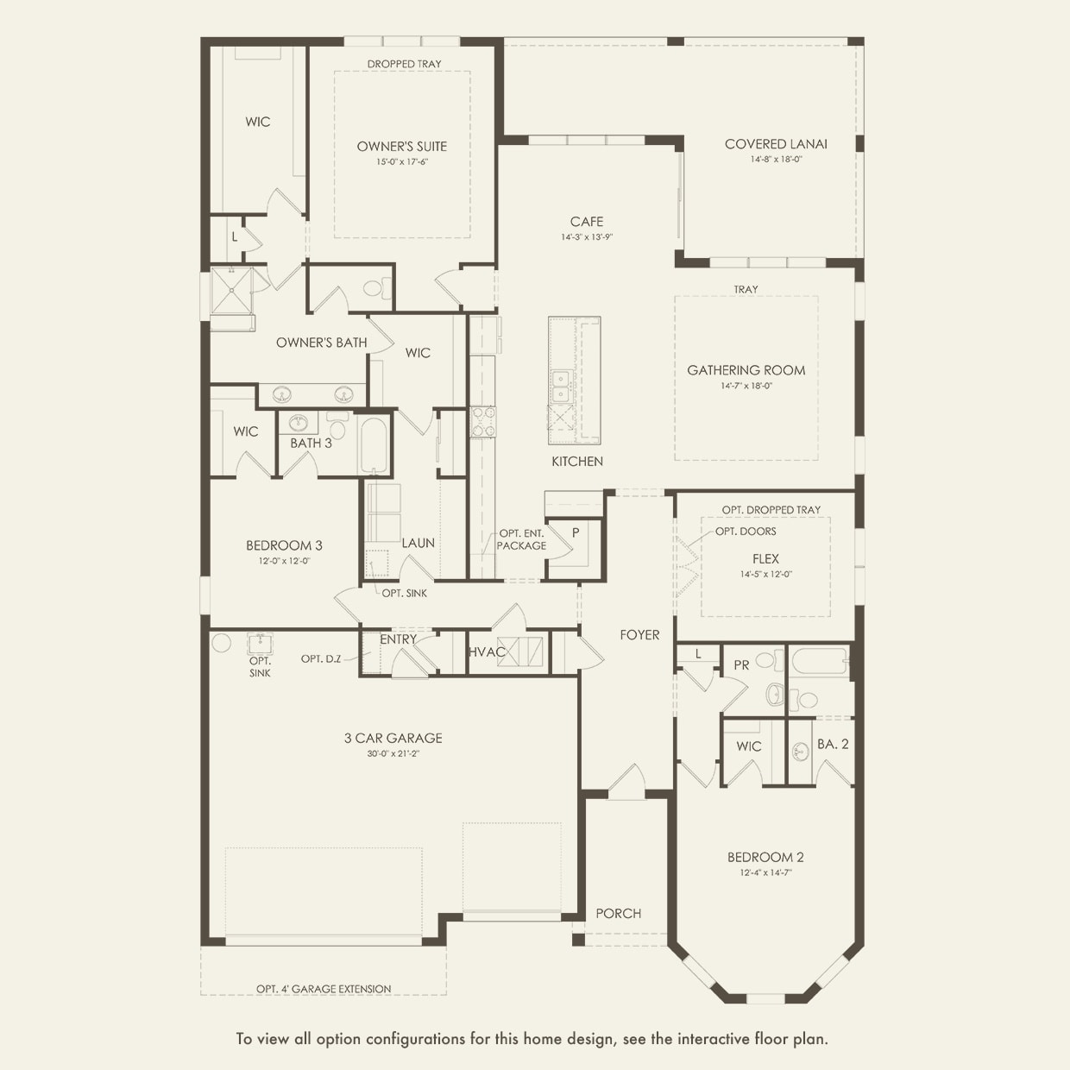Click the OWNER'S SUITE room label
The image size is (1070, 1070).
point(402,147)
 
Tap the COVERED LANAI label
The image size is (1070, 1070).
point(776,144)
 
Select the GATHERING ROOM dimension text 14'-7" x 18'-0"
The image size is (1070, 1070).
point(746,387)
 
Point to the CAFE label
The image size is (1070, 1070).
point(587,222)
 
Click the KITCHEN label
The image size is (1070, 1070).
point(577,462)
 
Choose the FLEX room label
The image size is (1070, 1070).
point(765,559)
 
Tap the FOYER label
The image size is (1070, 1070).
point(639,635)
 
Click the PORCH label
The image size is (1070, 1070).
point(619,914)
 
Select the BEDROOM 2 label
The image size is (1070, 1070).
point(765,858)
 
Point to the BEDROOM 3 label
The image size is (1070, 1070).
point(284,545)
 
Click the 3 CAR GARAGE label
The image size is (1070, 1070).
point(393,739)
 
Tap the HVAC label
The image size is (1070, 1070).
point(487,652)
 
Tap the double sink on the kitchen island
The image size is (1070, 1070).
point(561,387)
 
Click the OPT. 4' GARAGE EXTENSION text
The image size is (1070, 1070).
point(324,989)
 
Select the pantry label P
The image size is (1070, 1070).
point(576,533)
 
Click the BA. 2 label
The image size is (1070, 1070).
point(833,744)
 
